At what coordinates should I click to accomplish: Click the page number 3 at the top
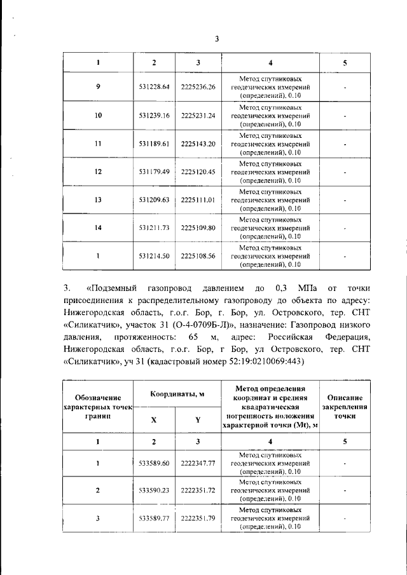216,39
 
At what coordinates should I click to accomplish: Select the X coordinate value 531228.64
154,87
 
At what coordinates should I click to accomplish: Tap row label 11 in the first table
98,144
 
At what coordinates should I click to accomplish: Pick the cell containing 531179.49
154,172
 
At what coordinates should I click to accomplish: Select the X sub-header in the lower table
154,420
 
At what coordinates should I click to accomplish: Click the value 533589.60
154,463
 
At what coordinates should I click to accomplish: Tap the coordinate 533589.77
154,518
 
